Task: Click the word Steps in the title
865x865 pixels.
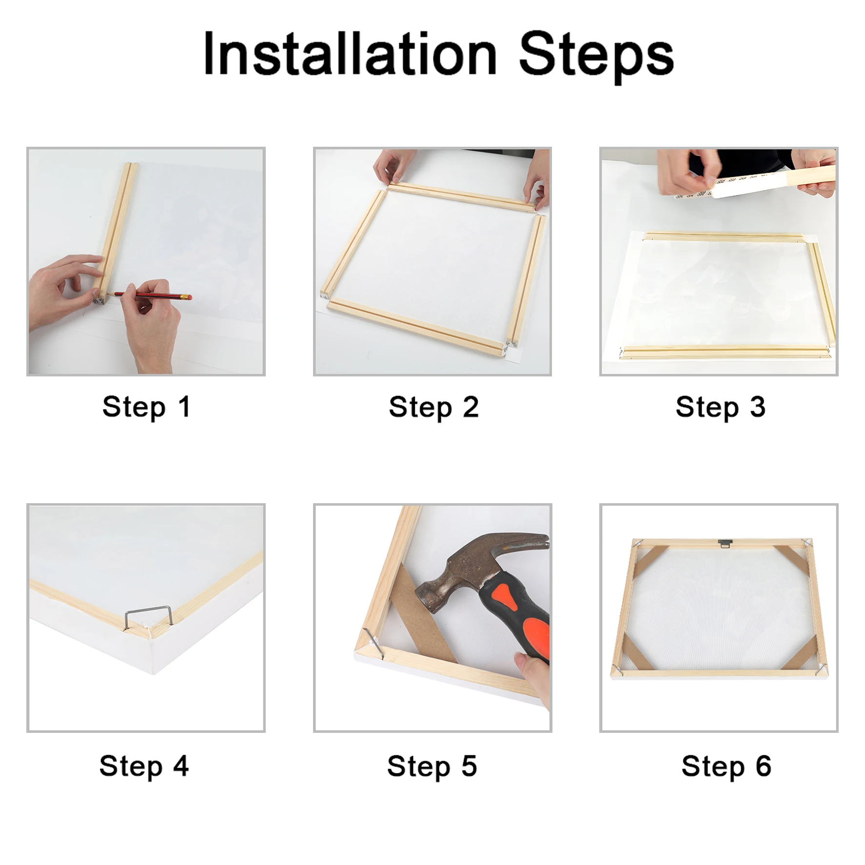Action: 596,57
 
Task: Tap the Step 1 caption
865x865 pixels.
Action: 146,407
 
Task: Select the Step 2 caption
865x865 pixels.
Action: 433,407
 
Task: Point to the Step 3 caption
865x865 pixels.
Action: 720,407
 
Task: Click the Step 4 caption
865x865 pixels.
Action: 144,766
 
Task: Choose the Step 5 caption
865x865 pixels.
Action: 432,766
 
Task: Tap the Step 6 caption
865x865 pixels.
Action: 726,766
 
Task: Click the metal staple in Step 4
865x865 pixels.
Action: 148,615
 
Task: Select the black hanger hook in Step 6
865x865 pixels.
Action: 725,543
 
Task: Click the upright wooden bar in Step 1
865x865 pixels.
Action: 117,232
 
